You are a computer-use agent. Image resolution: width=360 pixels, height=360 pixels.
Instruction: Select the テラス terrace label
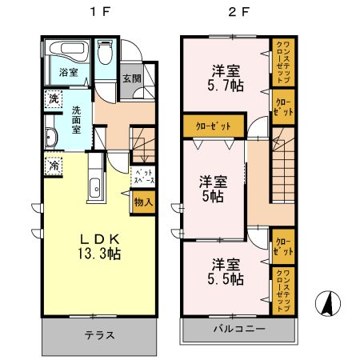pos(99,335)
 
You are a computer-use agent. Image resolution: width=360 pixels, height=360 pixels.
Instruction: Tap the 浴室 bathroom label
pos(67,73)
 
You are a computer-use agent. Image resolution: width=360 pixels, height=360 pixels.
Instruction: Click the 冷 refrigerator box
pos(51,166)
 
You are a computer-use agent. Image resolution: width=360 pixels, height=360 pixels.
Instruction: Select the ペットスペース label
pos(143,177)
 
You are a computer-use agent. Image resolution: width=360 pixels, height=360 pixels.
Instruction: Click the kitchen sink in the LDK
pos(95,189)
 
